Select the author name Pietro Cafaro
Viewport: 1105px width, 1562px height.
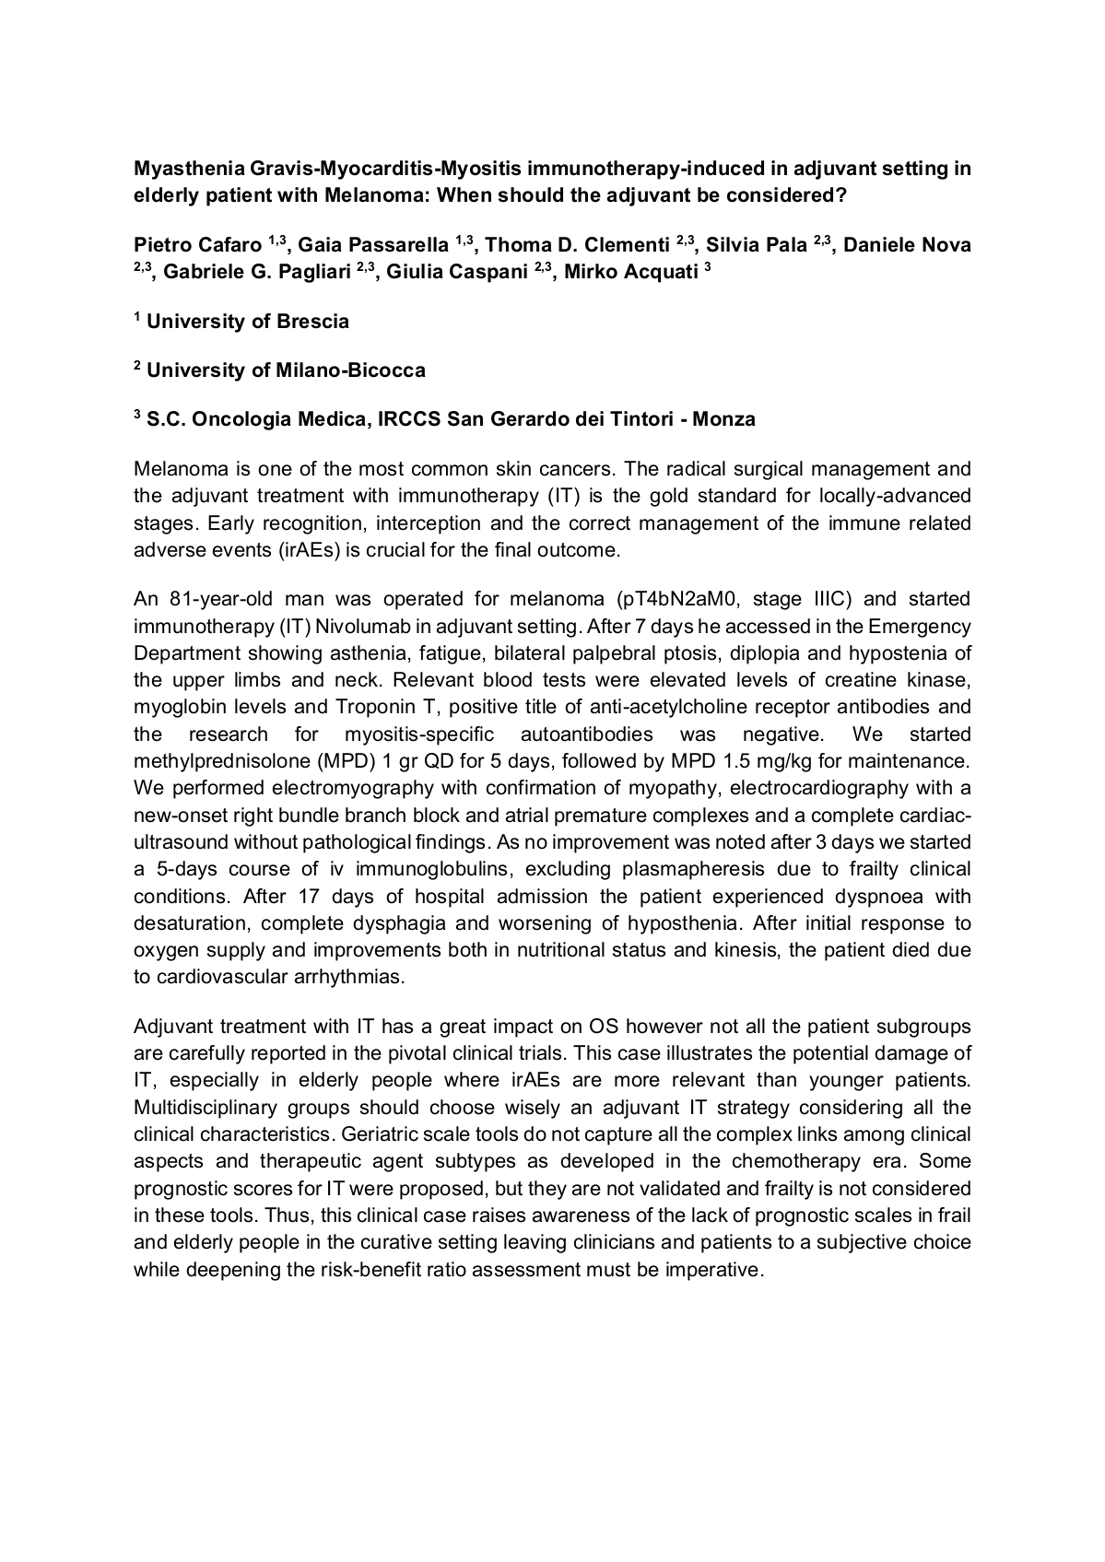[198, 246]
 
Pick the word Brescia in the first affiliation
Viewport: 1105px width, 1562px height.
[312, 322]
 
